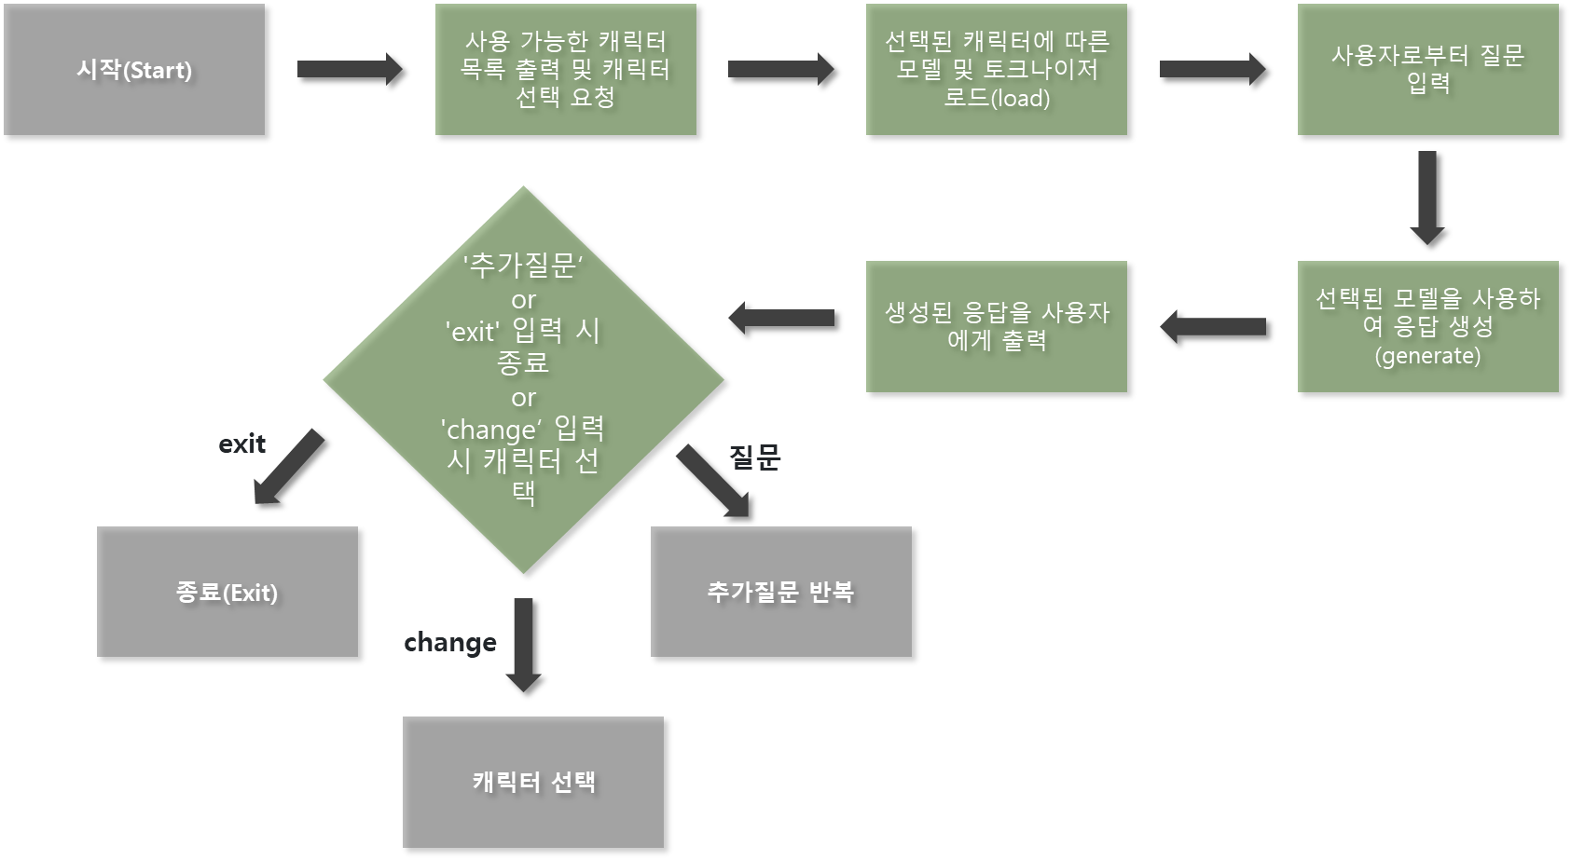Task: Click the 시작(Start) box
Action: [134, 70]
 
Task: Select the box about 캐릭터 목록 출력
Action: [565, 70]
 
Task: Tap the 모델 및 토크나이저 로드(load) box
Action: [996, 70]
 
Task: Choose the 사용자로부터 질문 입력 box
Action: [1427, 70]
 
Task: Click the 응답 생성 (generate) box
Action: [1427, 326]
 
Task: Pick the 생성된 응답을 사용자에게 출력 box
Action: [996, 326]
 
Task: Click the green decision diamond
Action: [523, 379]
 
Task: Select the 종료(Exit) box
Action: [227, 592]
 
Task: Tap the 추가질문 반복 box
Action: [780, 592]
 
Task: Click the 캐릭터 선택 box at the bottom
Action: [533, 782]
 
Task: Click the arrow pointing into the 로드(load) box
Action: [780, 69]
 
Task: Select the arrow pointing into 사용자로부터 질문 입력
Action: [1212, 69]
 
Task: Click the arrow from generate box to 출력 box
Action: [1212, 326]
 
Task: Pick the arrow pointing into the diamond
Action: [780, 317]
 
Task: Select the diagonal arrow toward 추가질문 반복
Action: [713, 481]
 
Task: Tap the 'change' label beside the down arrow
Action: [450, 643]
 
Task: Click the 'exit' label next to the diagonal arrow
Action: [242, 444]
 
